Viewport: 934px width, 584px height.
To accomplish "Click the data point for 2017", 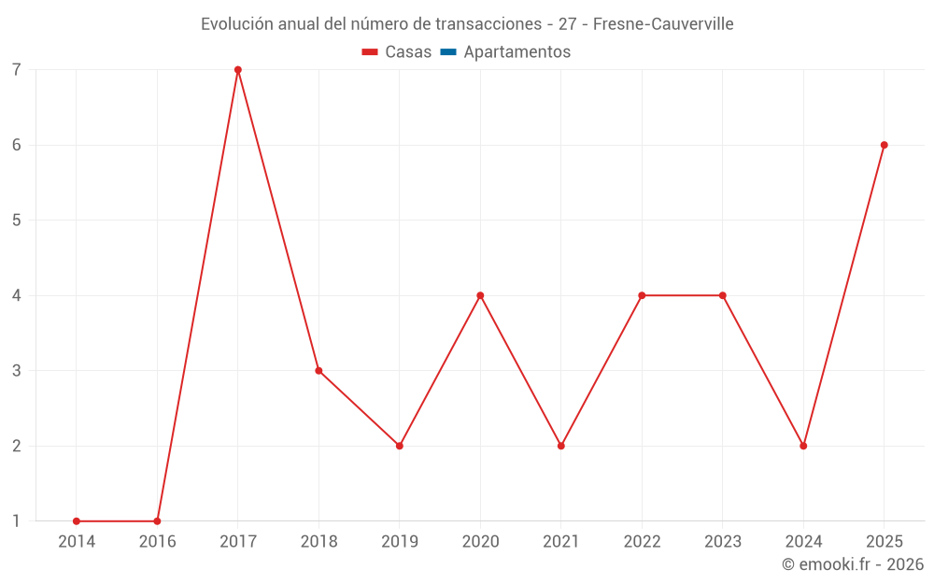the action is [237, 70].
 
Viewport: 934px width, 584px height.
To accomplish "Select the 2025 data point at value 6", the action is [884, 145].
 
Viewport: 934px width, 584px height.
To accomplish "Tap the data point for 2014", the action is [77, 520].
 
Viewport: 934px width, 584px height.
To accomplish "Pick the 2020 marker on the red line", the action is [480, 295].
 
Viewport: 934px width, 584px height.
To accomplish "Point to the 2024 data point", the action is [803, 446].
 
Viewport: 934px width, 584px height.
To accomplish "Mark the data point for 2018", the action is [318, 371].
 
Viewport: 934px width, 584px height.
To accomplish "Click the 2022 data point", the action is [642, 295].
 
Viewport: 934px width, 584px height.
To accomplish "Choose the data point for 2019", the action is [400, 446].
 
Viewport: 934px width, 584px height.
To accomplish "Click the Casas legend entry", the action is [397, 51].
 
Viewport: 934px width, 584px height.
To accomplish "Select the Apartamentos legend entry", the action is [505, 51].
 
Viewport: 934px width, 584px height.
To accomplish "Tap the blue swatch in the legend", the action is [448, 51].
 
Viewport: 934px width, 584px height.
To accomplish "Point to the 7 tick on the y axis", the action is [17, 70].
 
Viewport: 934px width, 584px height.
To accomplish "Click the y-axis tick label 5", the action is [17, 220].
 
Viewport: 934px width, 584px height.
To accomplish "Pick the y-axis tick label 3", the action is [17, 371].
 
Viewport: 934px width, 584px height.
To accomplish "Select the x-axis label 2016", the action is [157, 541].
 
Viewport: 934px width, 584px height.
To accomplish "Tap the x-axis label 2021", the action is [561, 541].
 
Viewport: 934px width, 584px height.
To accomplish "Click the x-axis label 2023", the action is [723, 541].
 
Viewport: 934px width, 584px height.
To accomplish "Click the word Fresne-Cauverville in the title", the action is [663, 24].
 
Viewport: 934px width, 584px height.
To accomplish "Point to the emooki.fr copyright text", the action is [853, 563].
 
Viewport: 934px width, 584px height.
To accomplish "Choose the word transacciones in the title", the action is [488, 24].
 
